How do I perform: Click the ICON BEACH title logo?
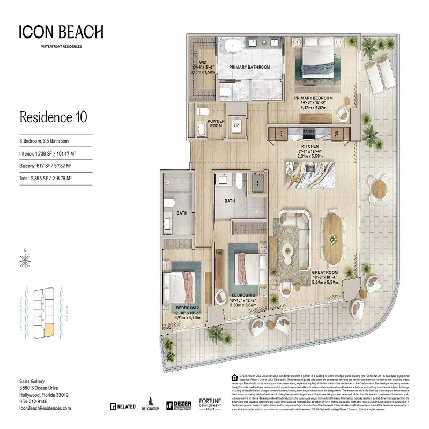(61, 32)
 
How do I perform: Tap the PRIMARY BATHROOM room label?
(249, 67)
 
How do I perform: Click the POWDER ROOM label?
(216, 123)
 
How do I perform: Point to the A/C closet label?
(235, 127)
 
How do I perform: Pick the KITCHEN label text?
(309, 146)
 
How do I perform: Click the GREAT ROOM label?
(325, 272)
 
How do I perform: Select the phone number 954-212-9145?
(33, 401)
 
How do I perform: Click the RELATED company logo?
(123, 406)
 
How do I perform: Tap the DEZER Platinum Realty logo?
(179, 406)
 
